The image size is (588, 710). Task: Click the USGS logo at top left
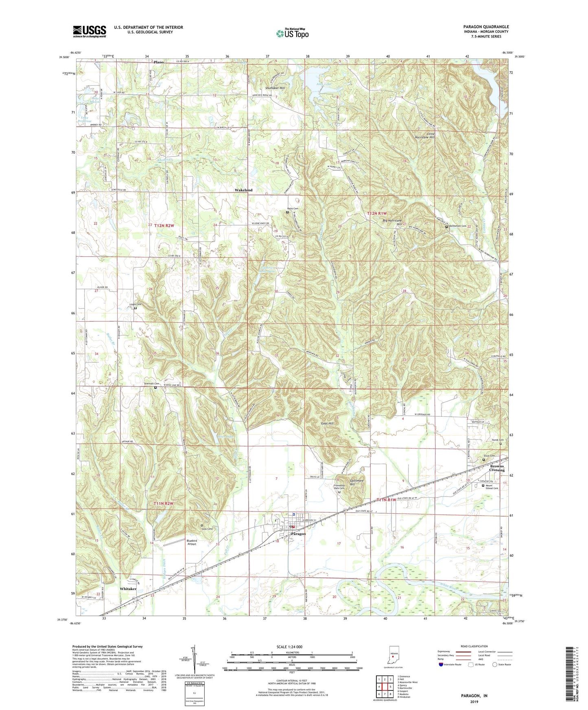point(90,31)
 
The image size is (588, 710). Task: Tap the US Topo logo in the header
point(292,33)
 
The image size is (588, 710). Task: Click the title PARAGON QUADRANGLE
point(485,27)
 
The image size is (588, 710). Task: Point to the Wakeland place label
point(243,190)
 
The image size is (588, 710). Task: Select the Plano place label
point(158,62)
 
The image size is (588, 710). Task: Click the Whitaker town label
point(128,589)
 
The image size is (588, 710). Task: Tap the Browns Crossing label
point(497,468)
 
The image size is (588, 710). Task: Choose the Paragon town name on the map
point(298,534)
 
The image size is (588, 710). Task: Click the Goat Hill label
point(327,423)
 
